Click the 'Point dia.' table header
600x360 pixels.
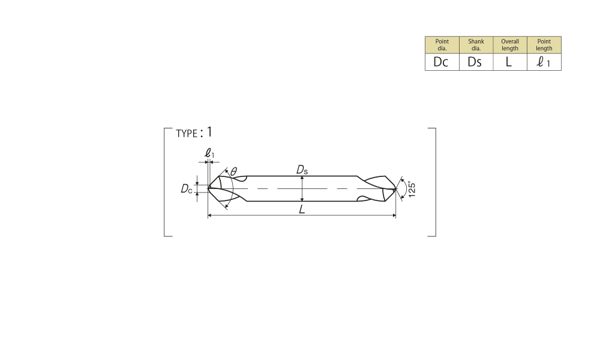click(x=442, y=45)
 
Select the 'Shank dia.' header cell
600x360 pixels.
click(x=476, y=45)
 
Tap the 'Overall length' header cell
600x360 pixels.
click(x=510, y=45)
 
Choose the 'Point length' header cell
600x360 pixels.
click(x=544, y=45)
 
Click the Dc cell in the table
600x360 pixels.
click(x=442, y=62)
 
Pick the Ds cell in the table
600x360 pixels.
click(x=476, y=62)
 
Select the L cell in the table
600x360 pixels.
click(x=510, y=62)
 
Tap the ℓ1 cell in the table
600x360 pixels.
click(x=544, y=62)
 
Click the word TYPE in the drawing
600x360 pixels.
click(x=187, y=134)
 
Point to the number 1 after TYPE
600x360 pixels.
click(x=209, y=132)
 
